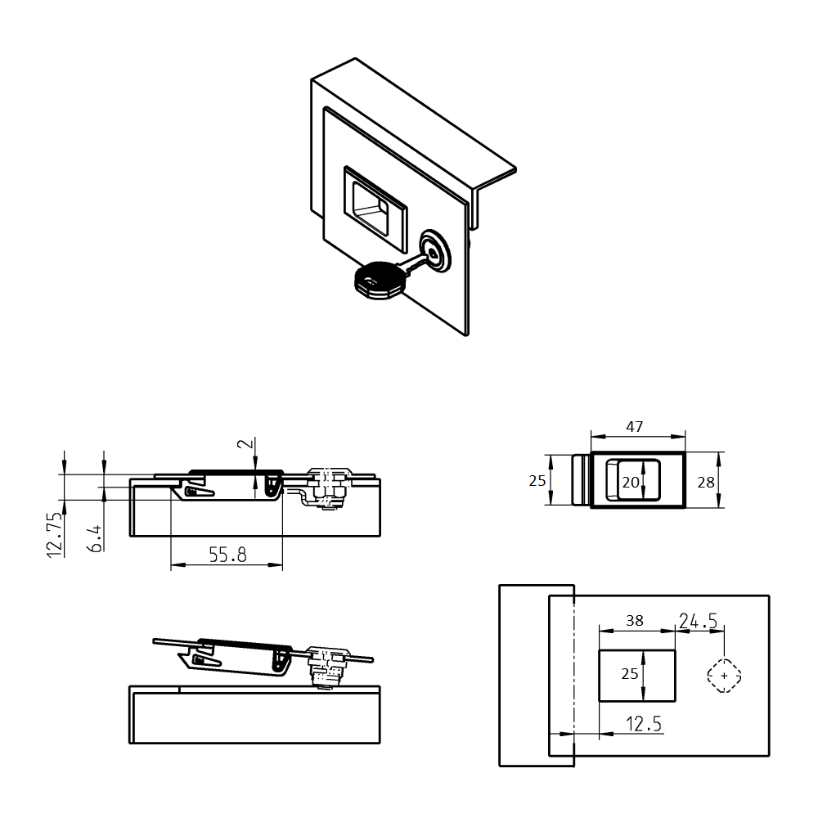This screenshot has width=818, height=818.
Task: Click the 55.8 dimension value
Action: pos(227,555)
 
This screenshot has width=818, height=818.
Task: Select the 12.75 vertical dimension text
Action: pos(55,535)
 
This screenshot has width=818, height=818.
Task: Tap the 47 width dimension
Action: pos(634,426)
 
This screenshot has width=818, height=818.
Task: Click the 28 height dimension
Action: pos(705,482)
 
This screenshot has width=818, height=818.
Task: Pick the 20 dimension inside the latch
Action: pos(630,483)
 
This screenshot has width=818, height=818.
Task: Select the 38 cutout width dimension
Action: pos(634,620)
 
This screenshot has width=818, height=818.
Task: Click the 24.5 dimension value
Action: pos(698,621)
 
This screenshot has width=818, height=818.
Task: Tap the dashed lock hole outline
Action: pos(724,676)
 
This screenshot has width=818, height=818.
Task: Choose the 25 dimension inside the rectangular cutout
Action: pos(629,674)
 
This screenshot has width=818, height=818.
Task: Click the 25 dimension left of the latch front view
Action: pos(537,481)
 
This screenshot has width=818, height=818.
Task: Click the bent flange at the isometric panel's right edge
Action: pos(495,184)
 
